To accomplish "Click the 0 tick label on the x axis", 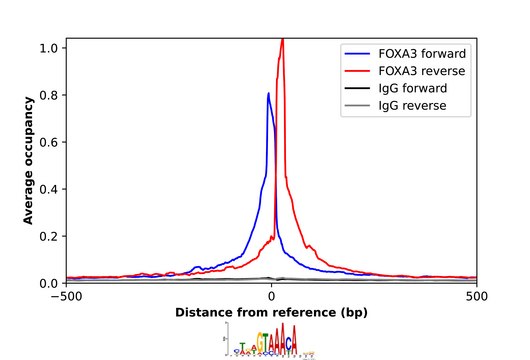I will point(272,297).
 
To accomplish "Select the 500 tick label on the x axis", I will point(478,297).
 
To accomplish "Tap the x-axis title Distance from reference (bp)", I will point(272,312).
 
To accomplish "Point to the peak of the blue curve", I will point(268,94).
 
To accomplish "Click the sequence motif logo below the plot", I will point(270,342).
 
